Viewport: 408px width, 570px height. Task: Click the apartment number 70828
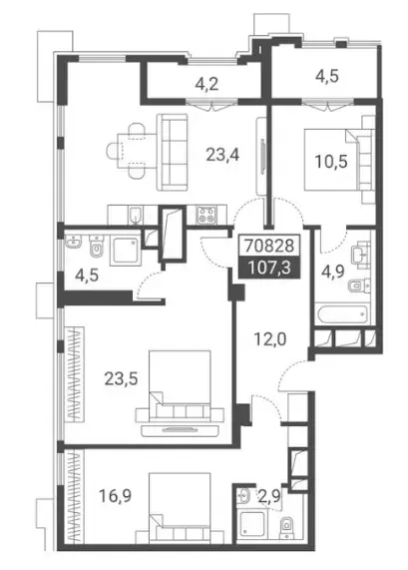coord(269,247)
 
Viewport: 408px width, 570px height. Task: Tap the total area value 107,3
coord(269,268)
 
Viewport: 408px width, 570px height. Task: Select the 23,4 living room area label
coord(222,155)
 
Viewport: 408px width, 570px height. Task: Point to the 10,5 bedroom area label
coord(331,162)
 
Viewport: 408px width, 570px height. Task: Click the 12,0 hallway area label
coord(270,339)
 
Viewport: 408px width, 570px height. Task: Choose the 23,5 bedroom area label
coord(122,379)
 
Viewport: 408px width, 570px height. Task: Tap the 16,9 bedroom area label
coord(115,495)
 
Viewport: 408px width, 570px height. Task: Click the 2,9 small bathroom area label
coord(270,495)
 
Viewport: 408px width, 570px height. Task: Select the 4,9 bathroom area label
coord(333,272)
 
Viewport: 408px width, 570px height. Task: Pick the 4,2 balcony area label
coord(206,85)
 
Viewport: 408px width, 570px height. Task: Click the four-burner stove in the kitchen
coord(206,215)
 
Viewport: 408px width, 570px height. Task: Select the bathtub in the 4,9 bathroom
coord(342,315)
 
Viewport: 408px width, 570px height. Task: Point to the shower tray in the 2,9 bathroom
coord(252,524)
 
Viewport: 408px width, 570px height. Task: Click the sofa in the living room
coord(173,152)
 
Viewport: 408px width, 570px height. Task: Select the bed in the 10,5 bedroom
coord(339,160)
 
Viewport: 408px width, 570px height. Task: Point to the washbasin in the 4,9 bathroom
coord(361,254)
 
